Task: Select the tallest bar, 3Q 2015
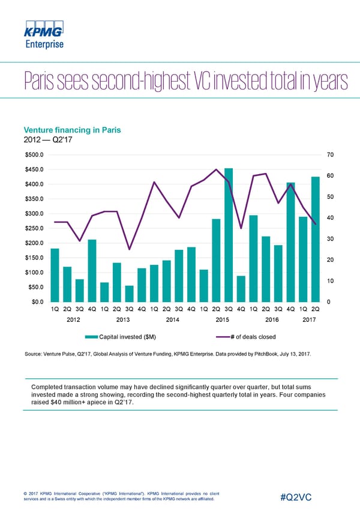229,234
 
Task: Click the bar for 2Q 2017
316,238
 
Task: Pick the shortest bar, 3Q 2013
130,294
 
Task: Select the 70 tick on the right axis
331,155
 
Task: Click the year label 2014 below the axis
173,320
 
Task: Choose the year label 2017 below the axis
309,320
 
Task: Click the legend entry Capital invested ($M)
121,336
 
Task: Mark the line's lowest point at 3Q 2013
130,249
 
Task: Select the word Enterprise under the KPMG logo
44,43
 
